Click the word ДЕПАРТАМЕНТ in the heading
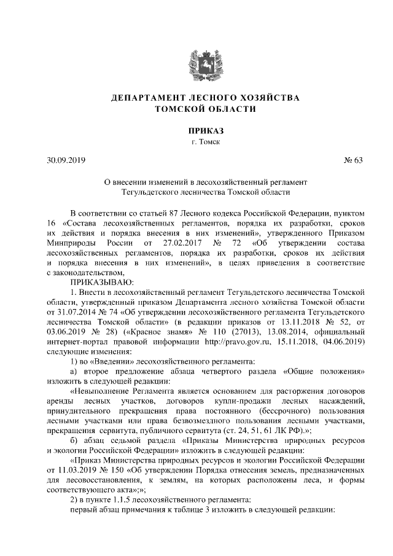pyautogui.click(x=148, y=98)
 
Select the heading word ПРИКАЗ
pyautogui.click(x=196, y=131)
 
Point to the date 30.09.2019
pyautogui.click(x=66, y=162)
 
